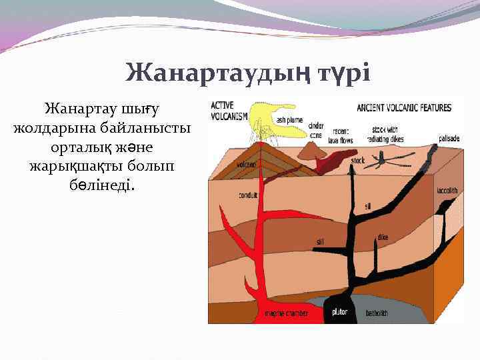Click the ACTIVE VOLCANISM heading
229,110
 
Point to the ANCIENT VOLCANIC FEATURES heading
404,107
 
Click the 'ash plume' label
289,120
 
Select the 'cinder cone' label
316,129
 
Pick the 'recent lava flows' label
341,137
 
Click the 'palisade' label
449,139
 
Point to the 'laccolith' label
447,190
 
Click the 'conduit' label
248,196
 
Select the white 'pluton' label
339,311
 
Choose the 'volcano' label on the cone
246,164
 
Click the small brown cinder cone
309,150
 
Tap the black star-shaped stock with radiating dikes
389,159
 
